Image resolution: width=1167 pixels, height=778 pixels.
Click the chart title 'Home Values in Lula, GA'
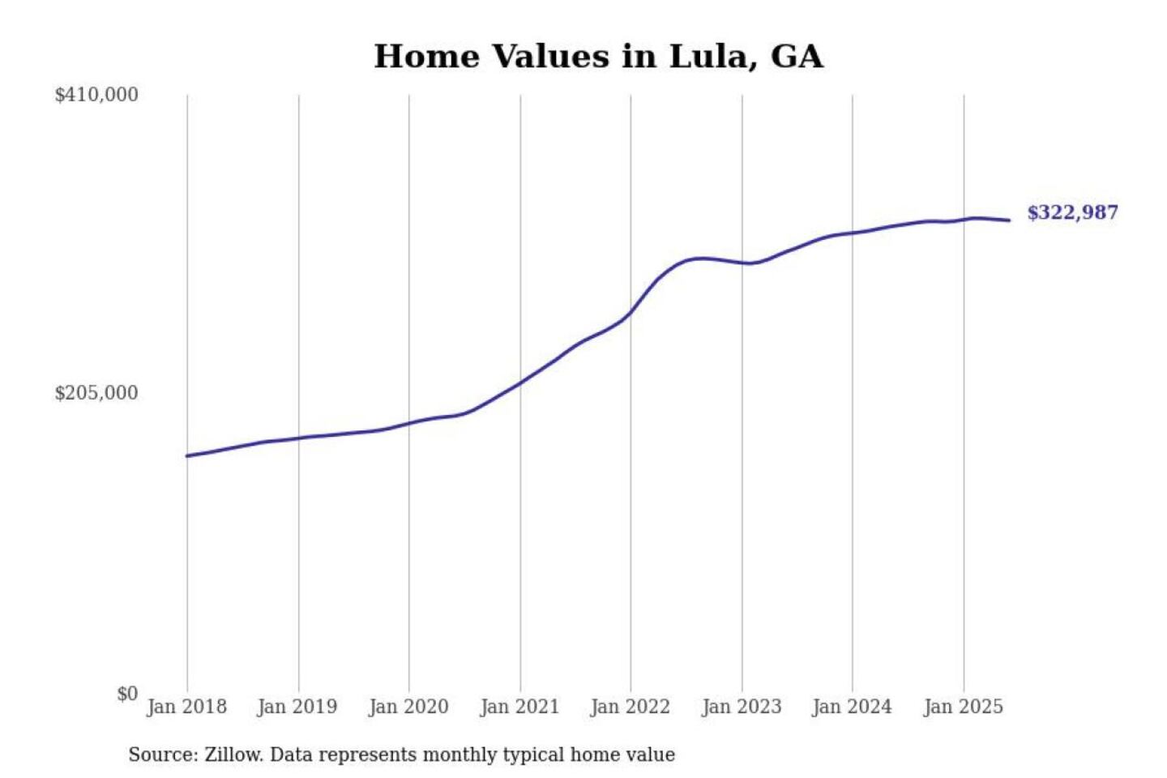(598, 57)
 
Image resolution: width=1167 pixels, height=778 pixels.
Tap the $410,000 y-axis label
(96, 95)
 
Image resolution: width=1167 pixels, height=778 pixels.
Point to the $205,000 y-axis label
(96, 393)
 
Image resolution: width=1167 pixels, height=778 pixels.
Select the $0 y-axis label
(127, 694)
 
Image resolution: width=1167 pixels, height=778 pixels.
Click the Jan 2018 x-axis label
(186, 707)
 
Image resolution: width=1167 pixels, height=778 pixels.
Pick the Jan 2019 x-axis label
(297, 707)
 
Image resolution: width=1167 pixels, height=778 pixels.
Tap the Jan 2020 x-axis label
(408, 707)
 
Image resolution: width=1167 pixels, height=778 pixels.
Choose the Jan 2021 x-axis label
(519, 707)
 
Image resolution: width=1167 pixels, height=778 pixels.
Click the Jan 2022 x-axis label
(631, 707)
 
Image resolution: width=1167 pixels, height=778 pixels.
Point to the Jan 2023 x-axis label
(742, 707)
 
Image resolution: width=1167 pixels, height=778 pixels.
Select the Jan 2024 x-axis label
(852, 707)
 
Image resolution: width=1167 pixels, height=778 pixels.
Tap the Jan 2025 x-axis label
(964, 707)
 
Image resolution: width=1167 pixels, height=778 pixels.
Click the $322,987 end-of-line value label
(1072, 212)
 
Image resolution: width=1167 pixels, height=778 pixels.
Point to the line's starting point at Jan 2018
(187, 456)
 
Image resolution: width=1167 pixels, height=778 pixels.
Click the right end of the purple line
(1009, 220)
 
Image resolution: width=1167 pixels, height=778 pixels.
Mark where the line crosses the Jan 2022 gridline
(631, 313)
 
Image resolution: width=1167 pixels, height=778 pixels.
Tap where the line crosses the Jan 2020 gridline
(409, 423)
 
